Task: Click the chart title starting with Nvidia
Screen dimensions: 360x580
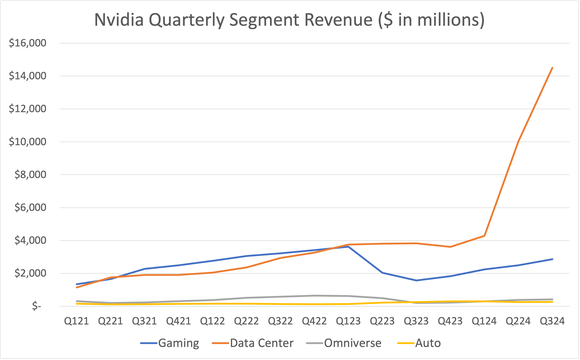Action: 289,20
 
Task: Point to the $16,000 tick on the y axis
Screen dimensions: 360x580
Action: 27,44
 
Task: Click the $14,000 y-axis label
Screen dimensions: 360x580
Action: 27,77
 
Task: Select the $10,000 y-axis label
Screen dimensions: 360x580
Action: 27,142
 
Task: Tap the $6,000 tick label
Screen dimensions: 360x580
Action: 30,208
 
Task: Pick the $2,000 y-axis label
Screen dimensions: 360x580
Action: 30,273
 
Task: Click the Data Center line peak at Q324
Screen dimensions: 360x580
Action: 551,68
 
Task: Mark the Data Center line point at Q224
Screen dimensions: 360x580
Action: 517,141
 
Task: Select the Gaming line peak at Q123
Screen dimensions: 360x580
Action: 347,246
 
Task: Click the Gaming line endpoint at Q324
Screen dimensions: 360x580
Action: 551,259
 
